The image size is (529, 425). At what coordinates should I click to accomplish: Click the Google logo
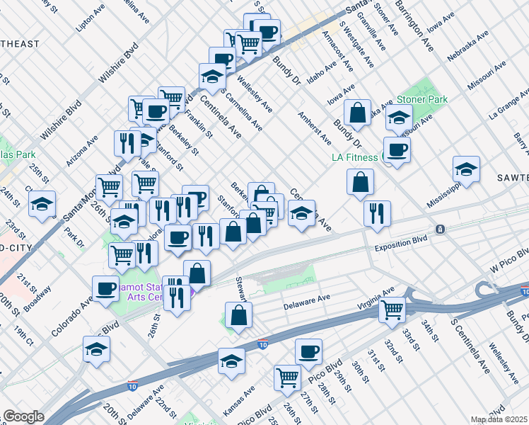tap(23, 416)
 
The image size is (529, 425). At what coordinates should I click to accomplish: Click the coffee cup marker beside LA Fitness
tap(397, 150)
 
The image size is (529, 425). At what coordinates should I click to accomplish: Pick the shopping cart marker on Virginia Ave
tap(392, 309)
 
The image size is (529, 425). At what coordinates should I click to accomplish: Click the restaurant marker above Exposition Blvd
tap(377, 212)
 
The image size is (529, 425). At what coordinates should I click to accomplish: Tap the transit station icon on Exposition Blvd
tap(440, 229)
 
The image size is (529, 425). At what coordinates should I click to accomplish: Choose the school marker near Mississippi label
tap(465, 169)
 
